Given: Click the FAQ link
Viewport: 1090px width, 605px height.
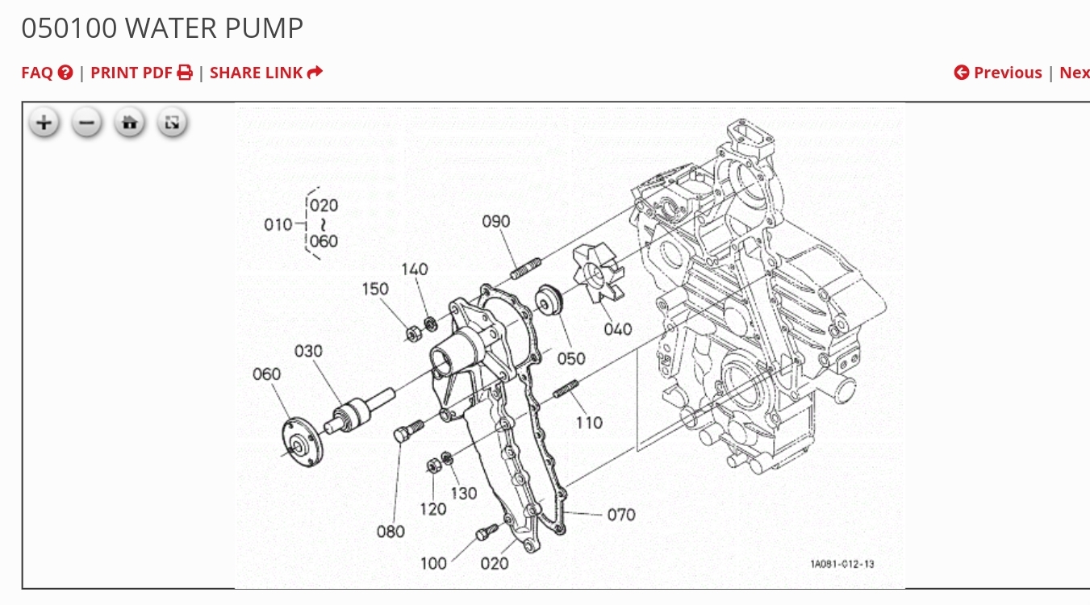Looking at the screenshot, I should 47,73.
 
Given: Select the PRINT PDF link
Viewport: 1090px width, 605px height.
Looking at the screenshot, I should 141,73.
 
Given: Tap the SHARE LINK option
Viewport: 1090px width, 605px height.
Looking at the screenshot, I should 265,73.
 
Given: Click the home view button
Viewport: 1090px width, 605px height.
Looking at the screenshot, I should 129,123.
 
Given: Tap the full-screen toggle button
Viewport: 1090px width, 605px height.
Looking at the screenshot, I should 172,123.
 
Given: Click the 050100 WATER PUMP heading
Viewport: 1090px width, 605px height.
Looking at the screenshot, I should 162,28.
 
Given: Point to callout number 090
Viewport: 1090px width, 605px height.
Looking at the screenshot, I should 496,221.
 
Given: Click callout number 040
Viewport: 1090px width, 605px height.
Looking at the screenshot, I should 617,329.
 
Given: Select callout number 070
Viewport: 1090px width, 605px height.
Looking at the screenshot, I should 620,515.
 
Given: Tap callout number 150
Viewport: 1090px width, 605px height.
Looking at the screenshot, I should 374,289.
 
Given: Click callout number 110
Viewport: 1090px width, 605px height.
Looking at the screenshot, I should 589,423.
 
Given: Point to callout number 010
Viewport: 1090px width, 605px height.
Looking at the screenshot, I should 278,224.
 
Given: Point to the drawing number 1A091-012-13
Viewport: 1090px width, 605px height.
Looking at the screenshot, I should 842,564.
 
